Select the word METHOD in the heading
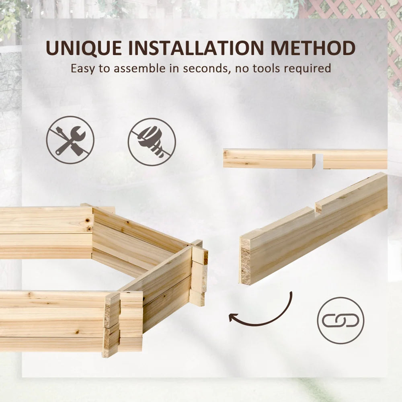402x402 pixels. [x=313, y=48]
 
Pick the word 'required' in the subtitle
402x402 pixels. [x=308, y=68]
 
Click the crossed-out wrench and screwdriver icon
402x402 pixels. [x=70, y=140]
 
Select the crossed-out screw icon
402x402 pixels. [x=152, y=142]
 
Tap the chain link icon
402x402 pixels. [x=340, y=320]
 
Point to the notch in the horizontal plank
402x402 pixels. [x=319, y=159]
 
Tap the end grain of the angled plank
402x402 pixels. [x=245, y=261]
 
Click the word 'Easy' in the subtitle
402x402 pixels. [x=83, y=68]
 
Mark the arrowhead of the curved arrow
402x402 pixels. [x=232, y=318]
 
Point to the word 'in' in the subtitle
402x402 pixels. [x=174, y=68]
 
